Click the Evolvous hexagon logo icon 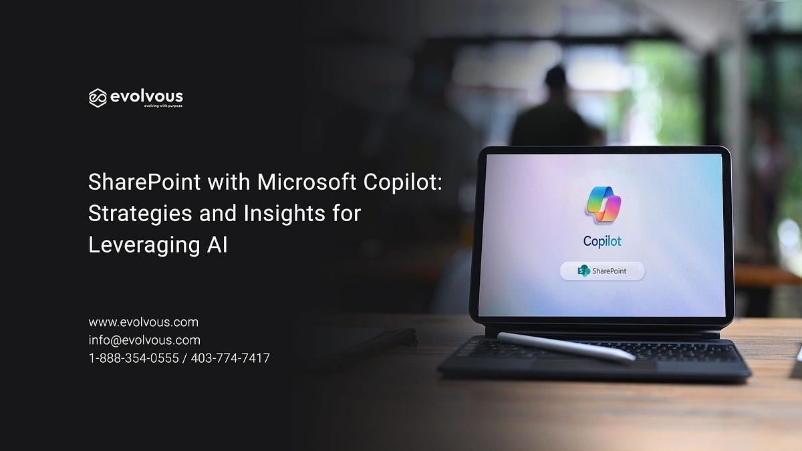click(x=98, y=98)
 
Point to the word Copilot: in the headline click(x=403, y=182)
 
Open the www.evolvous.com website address click(x=143, y=322)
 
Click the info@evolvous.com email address click(x=144, y=340)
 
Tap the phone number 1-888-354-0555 click(x=134, y=358)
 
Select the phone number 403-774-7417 click(x=231, y=358)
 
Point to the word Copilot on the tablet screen click(x=602, y=241)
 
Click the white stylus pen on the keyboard click(x=565, y=347)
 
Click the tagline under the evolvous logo click(x=164, y=106)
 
